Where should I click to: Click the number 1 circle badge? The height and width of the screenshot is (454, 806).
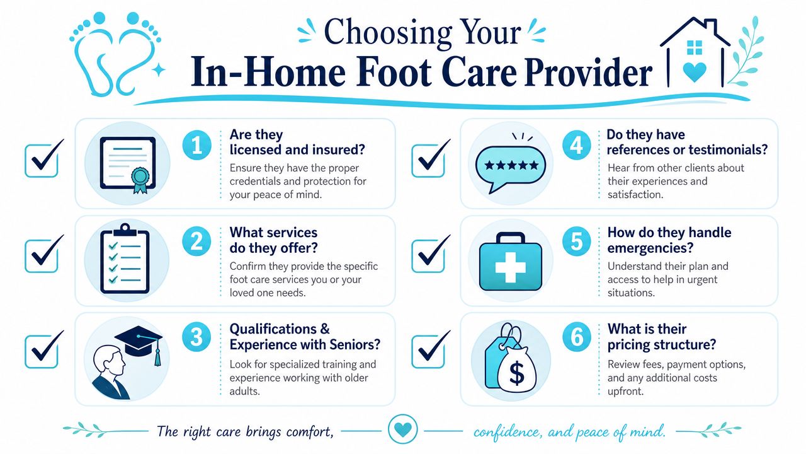pyautogui.click(x=197, y=146)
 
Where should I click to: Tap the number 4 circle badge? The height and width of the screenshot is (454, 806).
pyautogui.click(x=576, y=146)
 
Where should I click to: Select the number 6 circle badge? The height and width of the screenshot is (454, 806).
pyautogui.click(x=577, y=337)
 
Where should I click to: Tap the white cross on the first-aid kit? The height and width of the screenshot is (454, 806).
pyautogui.click(x=510, y=267)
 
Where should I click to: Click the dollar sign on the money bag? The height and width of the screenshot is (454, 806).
pyautogui.click(x=517, y=374)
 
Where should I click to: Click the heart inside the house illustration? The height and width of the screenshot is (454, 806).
pyautogui.click(x=695, y=72)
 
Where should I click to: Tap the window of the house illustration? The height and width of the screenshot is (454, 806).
pyautogui.click(x=695, y=47)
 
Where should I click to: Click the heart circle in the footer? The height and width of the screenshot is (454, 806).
pyautogui.click(x=402, y=429)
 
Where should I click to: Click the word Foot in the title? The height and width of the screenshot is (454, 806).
pyautogui.click(x=393, y=72)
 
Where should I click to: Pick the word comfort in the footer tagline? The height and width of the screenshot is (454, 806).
pyautogui.click(x=309, y=432)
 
